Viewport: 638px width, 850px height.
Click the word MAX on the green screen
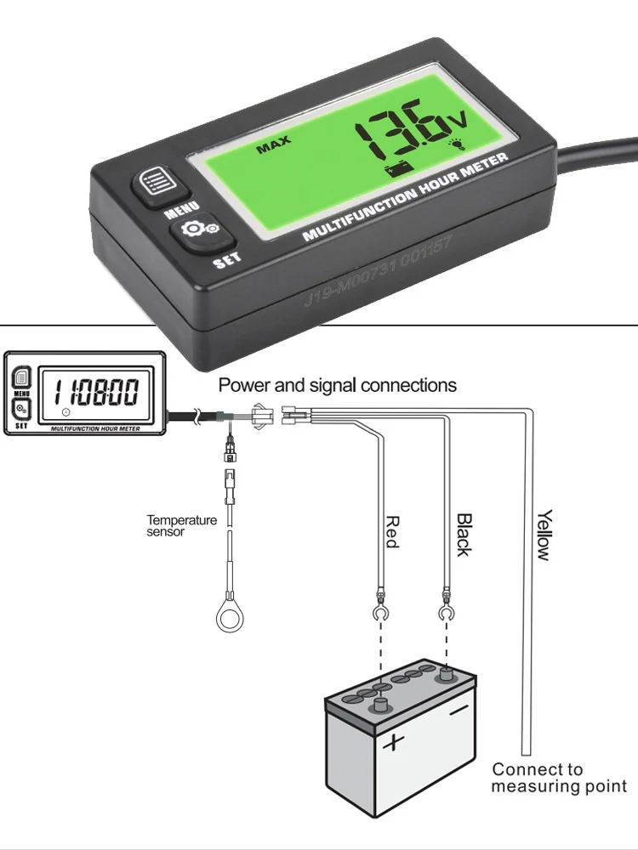[x=273, y=147]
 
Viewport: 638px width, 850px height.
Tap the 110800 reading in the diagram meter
[x=96, y=393]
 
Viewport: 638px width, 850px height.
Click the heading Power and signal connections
[x=338, y=385]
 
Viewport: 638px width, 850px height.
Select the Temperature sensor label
[x=181, y=525]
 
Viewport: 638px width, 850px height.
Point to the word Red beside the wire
[x=392, y=532]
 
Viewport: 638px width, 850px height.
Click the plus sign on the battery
[x=392, y=744]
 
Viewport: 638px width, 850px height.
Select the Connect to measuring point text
[x=558, y=778]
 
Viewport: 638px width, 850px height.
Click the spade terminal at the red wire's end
[x=380, y=611]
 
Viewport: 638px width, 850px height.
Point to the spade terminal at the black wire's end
[x=443, y=611]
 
